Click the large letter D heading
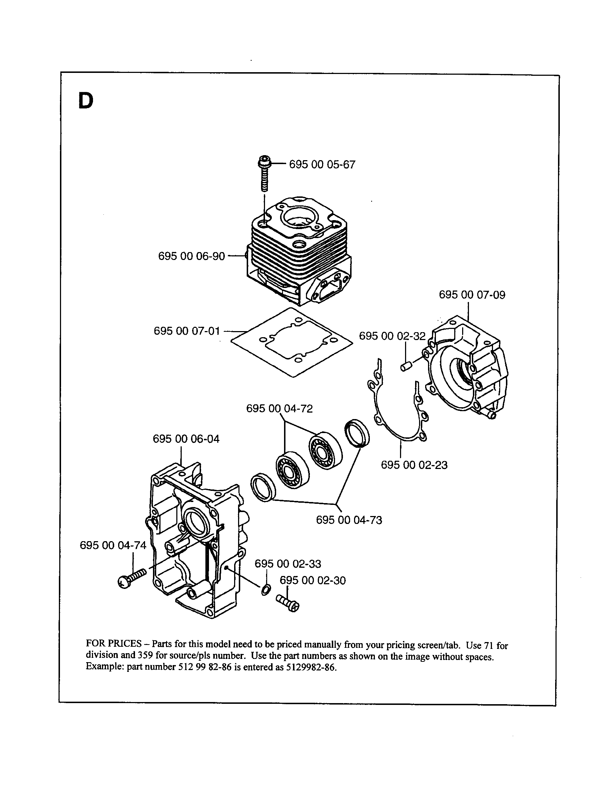point(85,101)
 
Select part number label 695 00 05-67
point(322,164)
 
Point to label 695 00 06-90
point(191,256)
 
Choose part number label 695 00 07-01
point(187,331)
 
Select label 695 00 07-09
point(472,295)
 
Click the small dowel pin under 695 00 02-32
point(404,367)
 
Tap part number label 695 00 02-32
point(392,336)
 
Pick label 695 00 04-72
point(279,409)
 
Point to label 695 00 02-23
point(414,465)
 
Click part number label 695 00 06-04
point(186,439)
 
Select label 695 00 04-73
point(349,520)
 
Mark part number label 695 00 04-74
point(113,545)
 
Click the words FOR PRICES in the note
point(113,643)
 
